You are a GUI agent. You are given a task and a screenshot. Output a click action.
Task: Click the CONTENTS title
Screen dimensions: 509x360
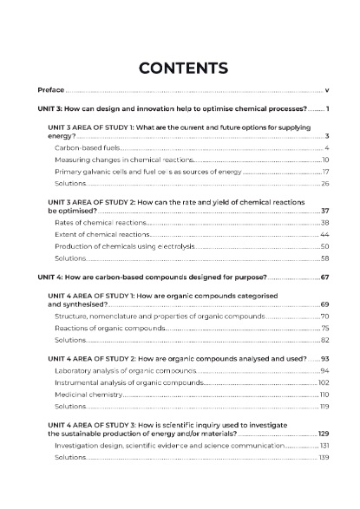(183, 68)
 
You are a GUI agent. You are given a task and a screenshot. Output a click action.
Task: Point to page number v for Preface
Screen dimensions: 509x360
(326, 89)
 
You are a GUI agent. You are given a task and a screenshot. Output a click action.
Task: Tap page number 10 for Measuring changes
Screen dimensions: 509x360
(324, 160)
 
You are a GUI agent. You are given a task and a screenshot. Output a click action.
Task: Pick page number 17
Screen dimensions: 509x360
(324, 172)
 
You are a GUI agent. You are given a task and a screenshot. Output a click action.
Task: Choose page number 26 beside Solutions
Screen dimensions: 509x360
(324, 184)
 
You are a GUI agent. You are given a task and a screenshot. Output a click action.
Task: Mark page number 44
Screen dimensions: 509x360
(324, 235)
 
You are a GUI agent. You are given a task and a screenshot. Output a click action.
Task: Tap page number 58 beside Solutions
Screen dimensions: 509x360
(324, 258)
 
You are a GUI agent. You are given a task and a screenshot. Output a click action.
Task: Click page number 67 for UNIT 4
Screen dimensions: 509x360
(324, 277)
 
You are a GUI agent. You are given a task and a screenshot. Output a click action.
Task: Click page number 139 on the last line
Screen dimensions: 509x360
(324, 457)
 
